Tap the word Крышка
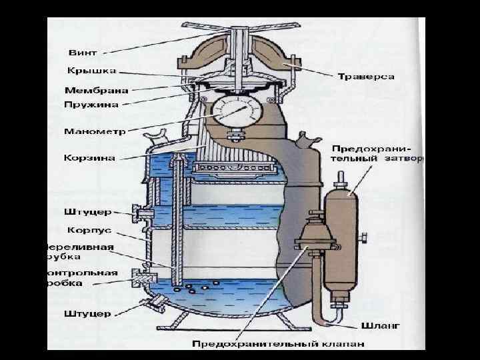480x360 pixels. pos(91,71)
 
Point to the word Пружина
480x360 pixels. pos(92,105)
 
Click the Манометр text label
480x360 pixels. pos(94,131)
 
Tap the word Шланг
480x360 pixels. pos(380,327)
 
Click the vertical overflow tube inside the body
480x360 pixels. pos(175,220)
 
